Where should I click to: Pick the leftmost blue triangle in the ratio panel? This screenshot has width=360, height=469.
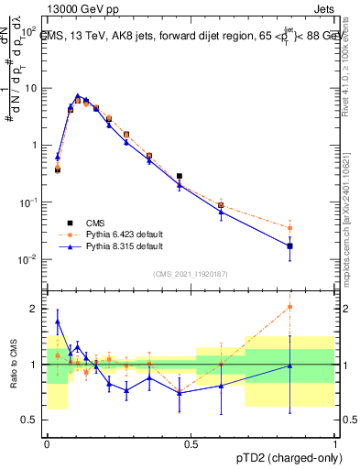(x=58, y=322)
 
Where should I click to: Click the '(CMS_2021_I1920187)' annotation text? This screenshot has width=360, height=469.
(x=191, y=274)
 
